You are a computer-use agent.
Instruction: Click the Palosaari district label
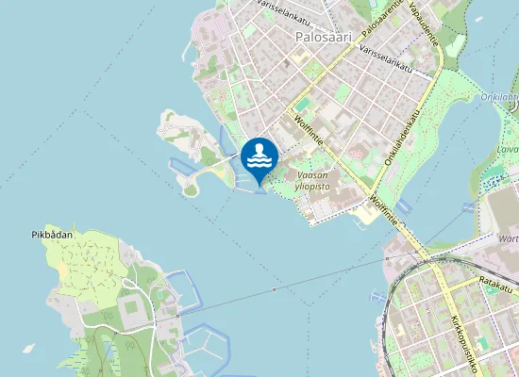[x=323, y=37]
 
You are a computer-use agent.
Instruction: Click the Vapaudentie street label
[x=430, y=23]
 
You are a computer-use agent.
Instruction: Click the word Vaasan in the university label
[x=312, y=175]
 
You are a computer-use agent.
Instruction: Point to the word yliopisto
[x=310, y=187]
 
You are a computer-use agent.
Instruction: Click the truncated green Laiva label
[x=507, y=148]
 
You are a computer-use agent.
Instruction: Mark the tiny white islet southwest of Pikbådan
[x=29, y=348]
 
